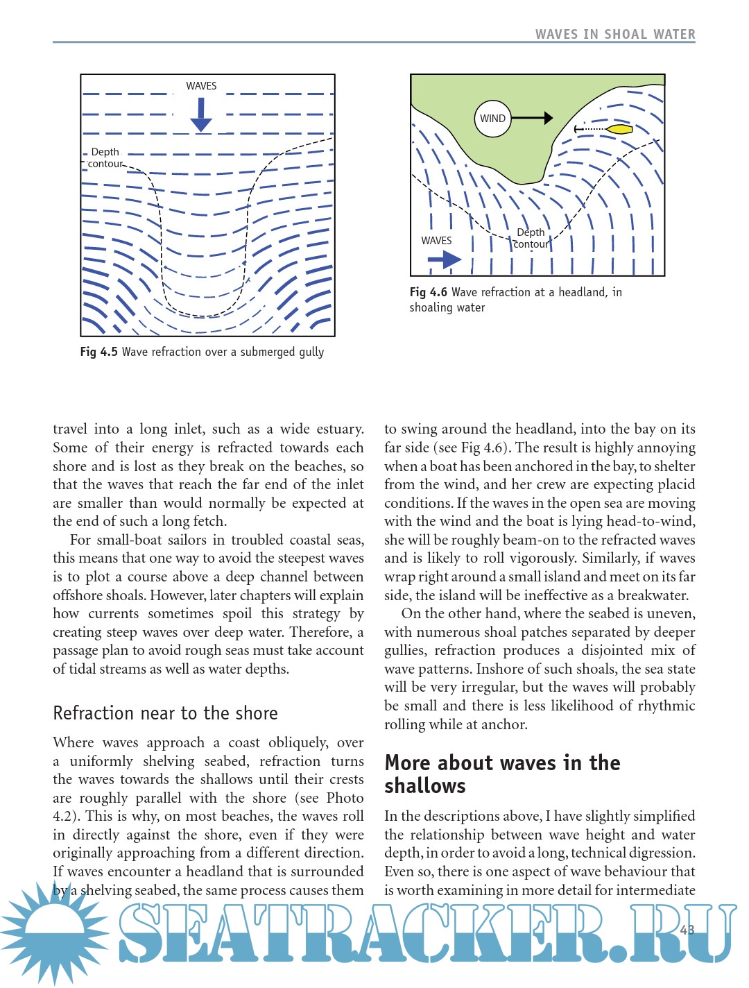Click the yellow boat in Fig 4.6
[619, 129]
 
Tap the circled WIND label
[492, 119]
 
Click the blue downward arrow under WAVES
[201, 114]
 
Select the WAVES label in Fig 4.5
[201, 86]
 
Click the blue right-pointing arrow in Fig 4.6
[445, 259]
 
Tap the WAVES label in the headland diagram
[436, 241]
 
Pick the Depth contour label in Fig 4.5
[105, 157]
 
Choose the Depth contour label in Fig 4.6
[531, 238]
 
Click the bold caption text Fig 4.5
[99, 352]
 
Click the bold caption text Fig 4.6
[429, 292]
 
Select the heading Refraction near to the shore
[165, 713]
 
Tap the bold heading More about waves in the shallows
[502, 774]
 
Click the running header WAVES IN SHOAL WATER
[615, 34]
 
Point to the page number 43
[687, 930]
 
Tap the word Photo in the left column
[345, 798]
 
